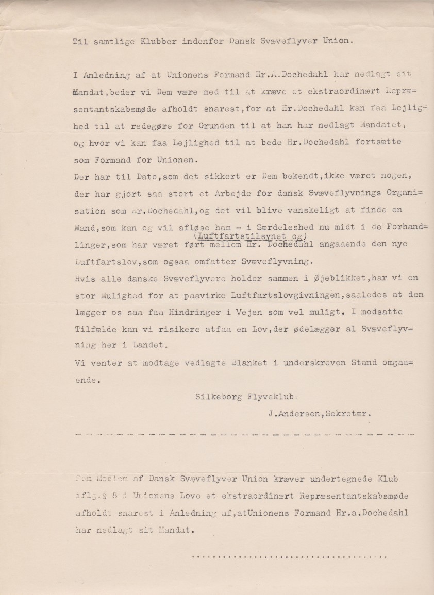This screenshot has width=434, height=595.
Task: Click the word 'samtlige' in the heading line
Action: coord(114,43)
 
